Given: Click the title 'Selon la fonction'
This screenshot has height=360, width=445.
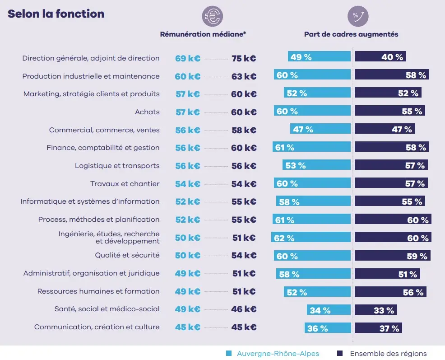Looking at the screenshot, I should pos(56,14).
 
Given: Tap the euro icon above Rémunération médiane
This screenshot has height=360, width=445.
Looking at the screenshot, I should pos(212,17).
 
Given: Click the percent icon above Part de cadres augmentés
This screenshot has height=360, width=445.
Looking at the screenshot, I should pos(358,17).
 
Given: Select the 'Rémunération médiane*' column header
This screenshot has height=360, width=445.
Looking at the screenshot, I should pos(203,34).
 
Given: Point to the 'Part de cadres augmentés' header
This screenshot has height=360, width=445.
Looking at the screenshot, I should pos(351,34).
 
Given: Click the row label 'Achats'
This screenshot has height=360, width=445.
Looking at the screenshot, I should pos(147,112).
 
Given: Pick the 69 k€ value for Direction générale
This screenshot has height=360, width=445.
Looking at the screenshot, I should pos(187,58).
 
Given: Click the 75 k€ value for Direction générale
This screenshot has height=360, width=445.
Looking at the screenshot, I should pos(244,58).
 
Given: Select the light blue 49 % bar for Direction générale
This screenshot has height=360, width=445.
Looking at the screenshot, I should pos(319,57).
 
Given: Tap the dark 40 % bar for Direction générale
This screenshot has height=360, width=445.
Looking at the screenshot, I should pos(380,57).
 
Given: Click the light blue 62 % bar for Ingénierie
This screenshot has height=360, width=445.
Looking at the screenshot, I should pos(311,238).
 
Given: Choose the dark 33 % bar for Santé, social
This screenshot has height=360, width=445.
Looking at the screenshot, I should pos(375,310).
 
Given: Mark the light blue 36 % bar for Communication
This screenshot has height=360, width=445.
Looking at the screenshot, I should pos(328,328).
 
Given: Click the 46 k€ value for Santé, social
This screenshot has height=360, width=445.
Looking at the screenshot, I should pos(244,309).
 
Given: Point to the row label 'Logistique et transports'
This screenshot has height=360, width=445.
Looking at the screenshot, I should pos(117,166).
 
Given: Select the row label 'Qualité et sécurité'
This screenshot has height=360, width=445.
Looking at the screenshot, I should pos(127,255).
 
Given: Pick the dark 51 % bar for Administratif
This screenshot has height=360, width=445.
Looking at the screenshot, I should pos(387,274).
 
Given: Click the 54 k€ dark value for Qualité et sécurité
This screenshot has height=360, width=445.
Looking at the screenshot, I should pos(244,256).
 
